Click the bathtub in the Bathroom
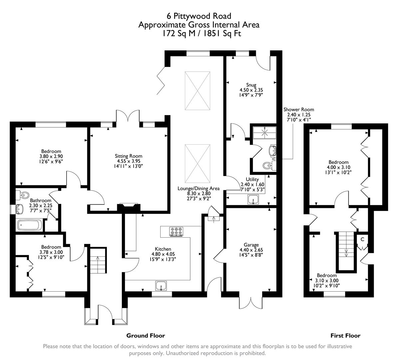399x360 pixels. tap(30, 225)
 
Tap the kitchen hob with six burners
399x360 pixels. tap(177, 231)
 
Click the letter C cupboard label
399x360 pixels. tap(362, 239)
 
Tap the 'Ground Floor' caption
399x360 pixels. tap(146, 336)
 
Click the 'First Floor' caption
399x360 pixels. tap(345, 336)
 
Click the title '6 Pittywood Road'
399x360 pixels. tap(199, 16)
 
